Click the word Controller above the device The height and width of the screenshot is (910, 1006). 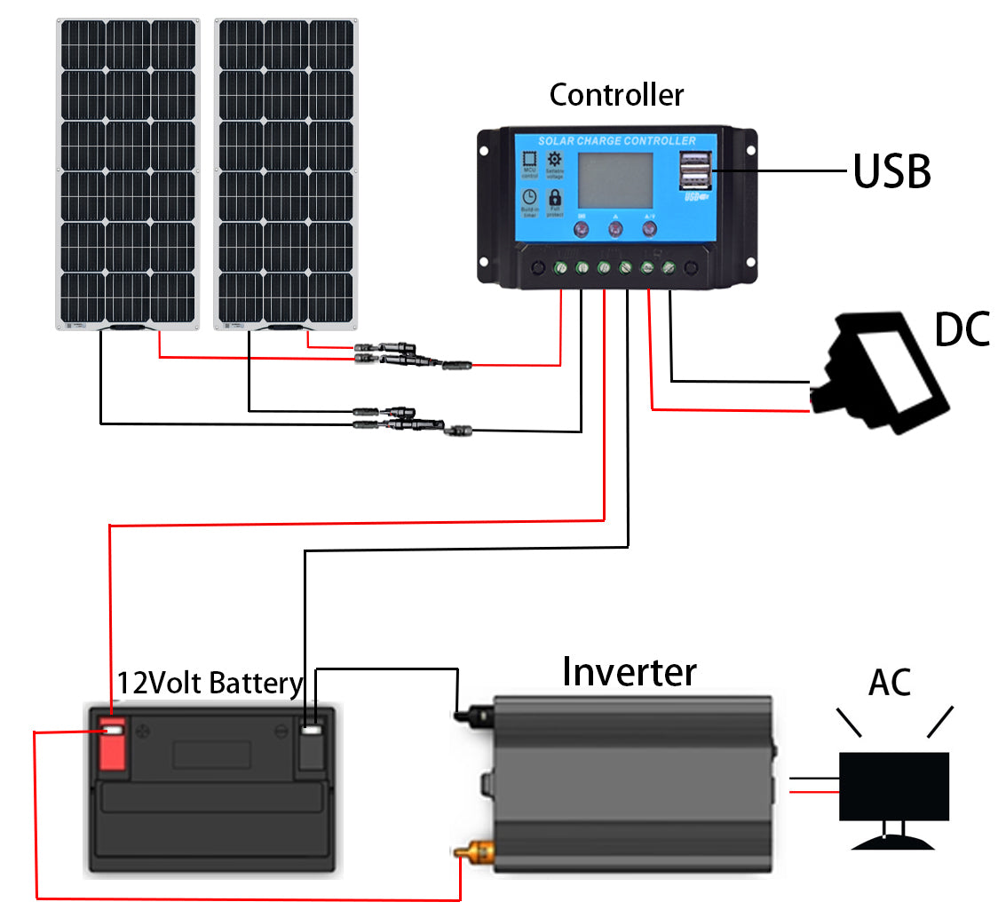point(616,94)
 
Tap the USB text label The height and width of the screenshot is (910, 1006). point(891,172)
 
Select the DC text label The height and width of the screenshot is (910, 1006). point(962,329)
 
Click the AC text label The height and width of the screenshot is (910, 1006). point(891,683)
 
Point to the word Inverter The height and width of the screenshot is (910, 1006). point(630,672)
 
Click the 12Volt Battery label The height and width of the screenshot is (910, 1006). point(210,683)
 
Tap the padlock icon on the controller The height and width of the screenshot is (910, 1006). point(555,198)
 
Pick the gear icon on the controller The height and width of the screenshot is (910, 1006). point(555,160)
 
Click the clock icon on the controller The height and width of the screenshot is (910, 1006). point(529,198)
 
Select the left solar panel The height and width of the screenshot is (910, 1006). point(127,173)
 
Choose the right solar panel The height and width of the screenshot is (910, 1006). point(286,173)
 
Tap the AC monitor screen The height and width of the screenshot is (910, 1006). point(894,787)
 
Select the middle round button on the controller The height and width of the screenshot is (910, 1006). point(615,229)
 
